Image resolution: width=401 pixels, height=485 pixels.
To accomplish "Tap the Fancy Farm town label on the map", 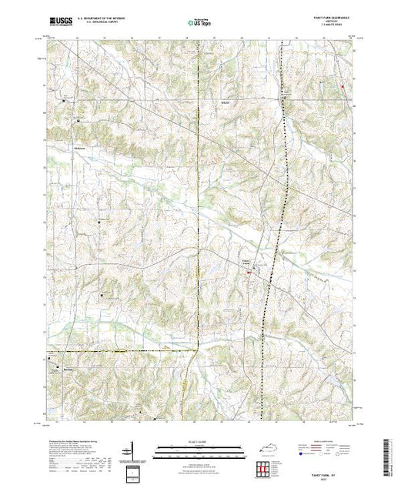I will pyautogui.click(x=249, y=259).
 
